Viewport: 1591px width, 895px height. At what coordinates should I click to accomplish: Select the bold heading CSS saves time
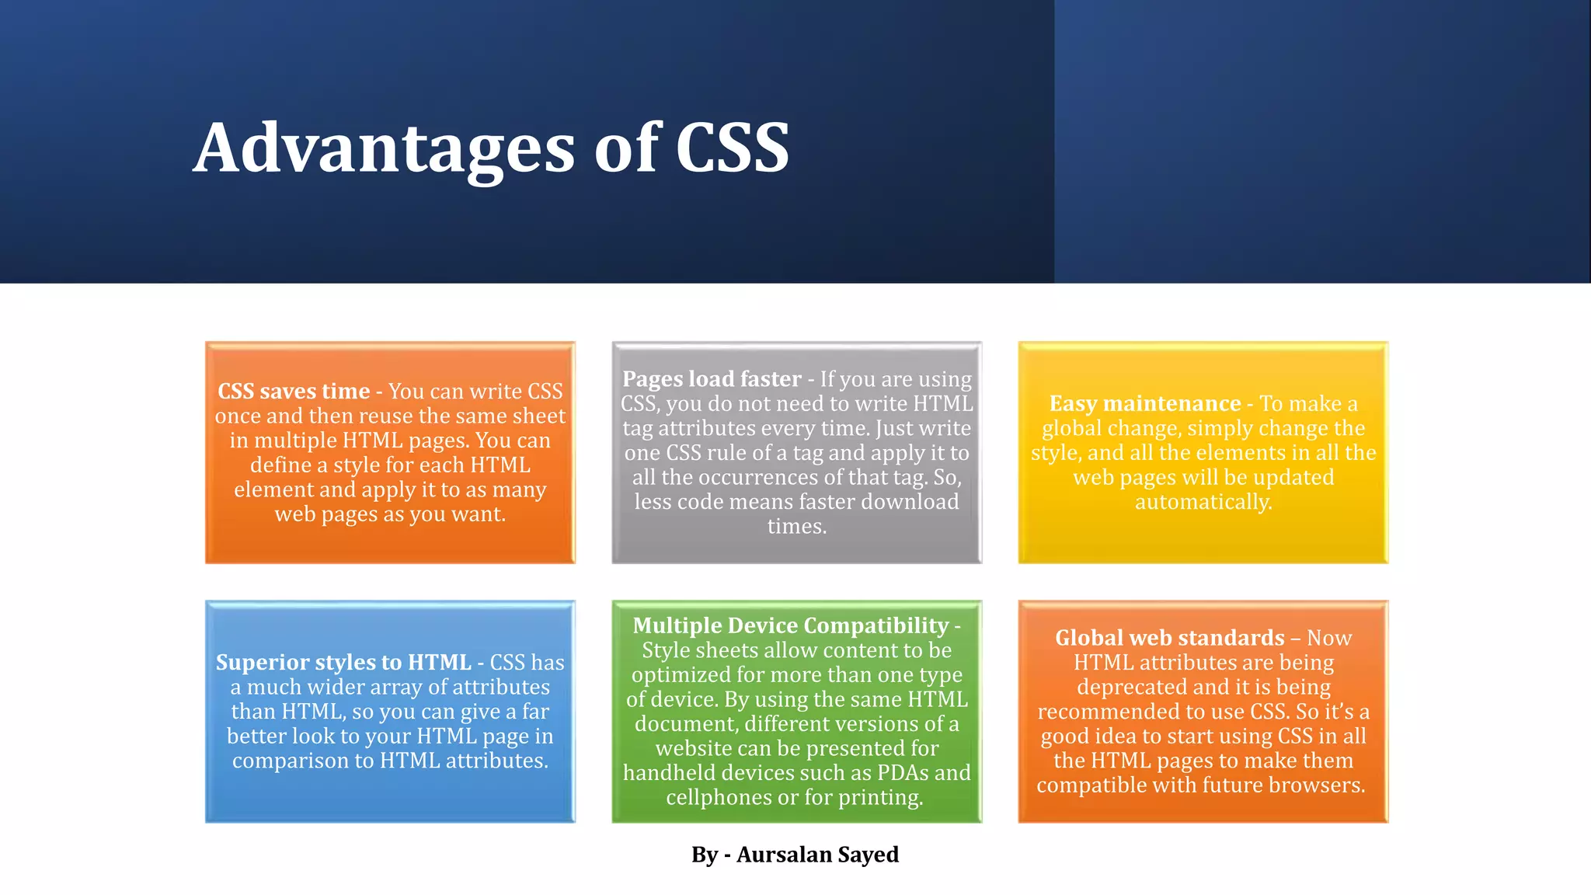point(294,391)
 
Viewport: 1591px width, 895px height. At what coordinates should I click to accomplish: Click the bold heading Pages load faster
point(712,378)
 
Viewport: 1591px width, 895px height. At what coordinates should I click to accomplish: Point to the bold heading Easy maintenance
point(1145,403)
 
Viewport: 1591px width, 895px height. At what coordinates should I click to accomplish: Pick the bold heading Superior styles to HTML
point(343,662)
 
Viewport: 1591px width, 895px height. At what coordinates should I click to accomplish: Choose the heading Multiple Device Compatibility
point(791,625)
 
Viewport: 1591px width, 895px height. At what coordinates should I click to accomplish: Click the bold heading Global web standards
point(1169,638)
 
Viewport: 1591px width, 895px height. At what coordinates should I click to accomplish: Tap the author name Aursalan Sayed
point(817,855)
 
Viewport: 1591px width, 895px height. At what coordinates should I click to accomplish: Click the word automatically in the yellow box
point(1203,502)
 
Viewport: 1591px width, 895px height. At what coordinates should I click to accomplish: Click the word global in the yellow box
point(1069,428)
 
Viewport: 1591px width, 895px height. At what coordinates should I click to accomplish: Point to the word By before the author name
point(705,855)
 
